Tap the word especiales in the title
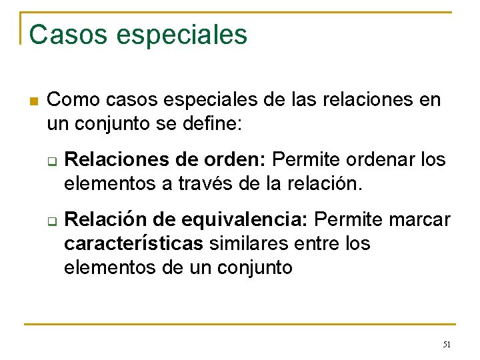(x=181, y=35)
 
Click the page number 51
(x=447, y=344)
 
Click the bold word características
(x=133, y=243)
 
